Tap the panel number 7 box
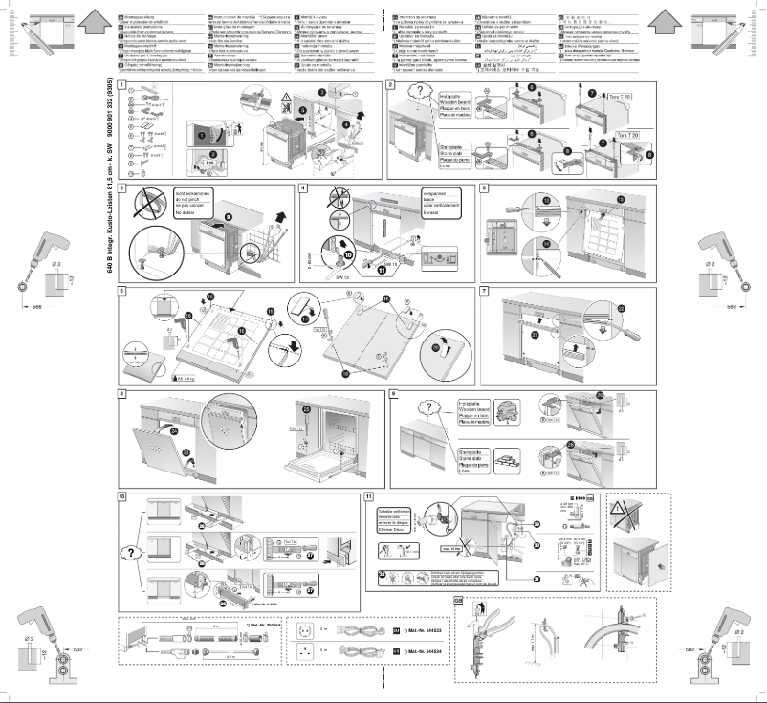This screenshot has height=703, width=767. (x=485, y=291)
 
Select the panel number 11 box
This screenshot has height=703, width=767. (x=369, y=496)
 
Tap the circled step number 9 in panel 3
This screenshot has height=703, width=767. (x=227, y=218)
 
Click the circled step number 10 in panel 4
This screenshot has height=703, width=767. (x=347, y=255)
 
